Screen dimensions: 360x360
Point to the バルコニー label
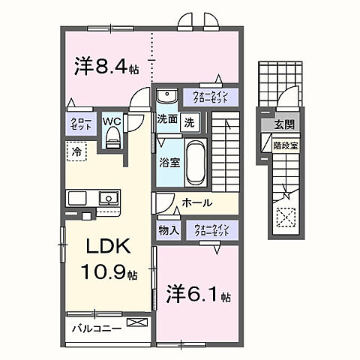point(97,328)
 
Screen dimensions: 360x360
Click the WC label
point(112,120)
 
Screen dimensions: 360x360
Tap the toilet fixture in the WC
point(113,137)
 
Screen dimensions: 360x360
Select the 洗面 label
point(167,120)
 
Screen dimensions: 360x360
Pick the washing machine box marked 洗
point(190,121)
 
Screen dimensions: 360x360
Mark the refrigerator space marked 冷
point(76,151)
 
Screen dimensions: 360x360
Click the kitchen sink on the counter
point(108,199)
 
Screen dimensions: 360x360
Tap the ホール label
point(196,203)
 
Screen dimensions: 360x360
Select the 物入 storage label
point(168,230)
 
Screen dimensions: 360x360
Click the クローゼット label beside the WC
point(82,124)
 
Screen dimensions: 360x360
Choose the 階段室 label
point(284,147)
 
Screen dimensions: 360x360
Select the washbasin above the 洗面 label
point(167,97)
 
